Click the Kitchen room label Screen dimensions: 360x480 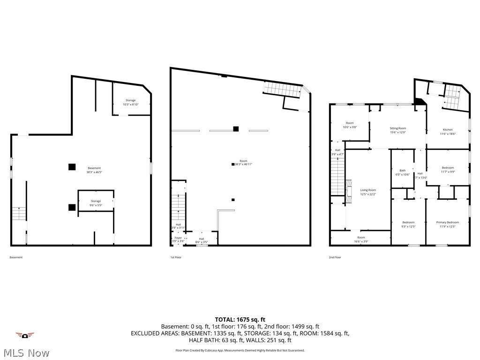[x=448, y=131]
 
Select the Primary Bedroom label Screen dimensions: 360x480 [x=447, y=224]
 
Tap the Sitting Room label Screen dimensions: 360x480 [x=398, y=130]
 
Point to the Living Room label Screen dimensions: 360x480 [x=368, y=192]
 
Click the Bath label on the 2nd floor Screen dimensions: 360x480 [x=402, y=172]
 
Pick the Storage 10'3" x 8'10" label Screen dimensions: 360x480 [x=130, y=102]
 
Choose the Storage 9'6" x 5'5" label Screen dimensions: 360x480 [x=96, y=203]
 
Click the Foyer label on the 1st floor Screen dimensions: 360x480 [x=178, y=239]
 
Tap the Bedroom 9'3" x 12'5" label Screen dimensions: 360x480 [x=408, y=224]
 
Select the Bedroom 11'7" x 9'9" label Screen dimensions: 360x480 [x=448, y=169]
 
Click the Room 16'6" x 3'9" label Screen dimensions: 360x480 [x=360, y=239]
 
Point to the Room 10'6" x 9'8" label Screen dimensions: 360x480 [x=350, y=125]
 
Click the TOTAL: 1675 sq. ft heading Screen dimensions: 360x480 [x=240, y=319]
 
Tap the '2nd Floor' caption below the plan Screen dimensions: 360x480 [x=335, y=257]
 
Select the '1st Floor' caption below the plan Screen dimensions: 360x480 [x=175, y=257]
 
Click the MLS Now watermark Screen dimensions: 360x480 [x=26, y=352]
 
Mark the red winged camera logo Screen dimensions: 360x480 [x=25, y=335]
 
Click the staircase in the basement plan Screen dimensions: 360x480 [x=18, y=214]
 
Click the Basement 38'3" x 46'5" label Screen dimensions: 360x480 [x=94, y=170]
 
